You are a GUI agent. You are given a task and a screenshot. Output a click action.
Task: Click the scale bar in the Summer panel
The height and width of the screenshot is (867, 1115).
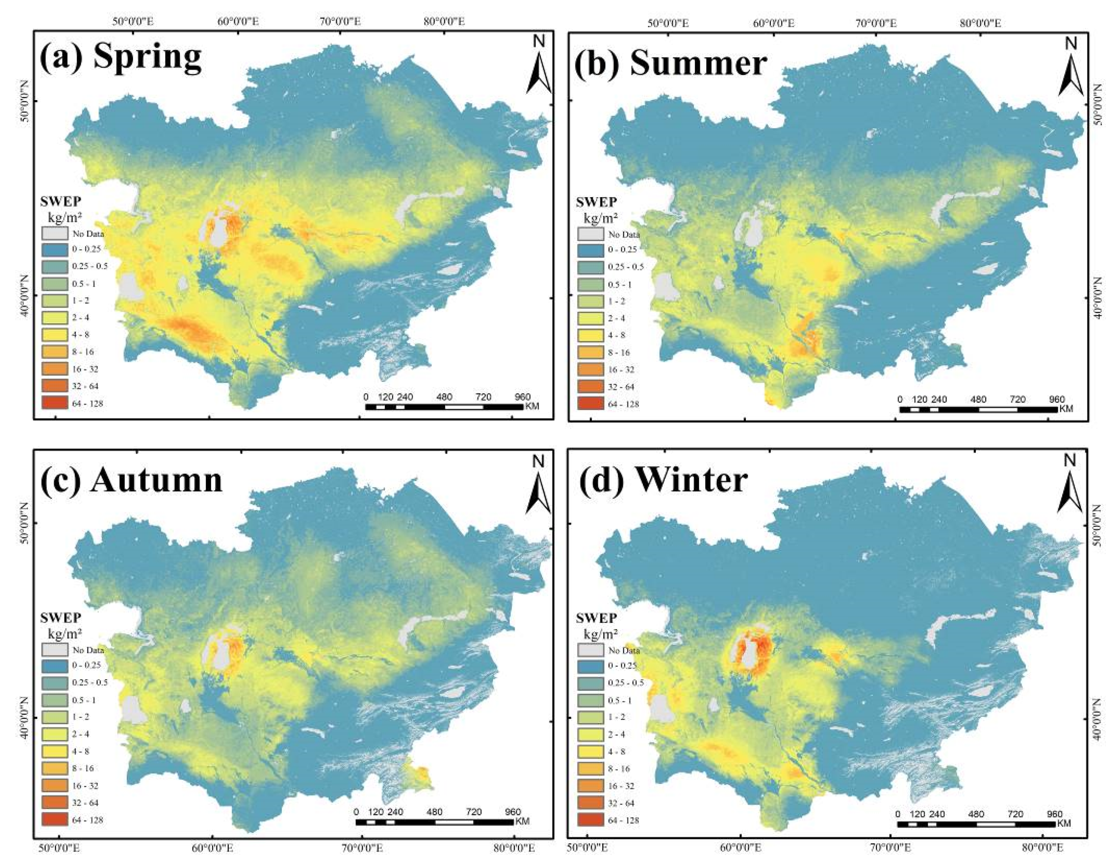pyautogui.click(x=978, y=409)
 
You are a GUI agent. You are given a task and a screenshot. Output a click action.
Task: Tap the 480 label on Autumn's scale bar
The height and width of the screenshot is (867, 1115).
pyautogui.click(x=435, y=812)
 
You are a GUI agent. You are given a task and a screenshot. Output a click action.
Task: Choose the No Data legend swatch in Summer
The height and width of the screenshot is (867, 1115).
pyautogui.click(x=591, y=234)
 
